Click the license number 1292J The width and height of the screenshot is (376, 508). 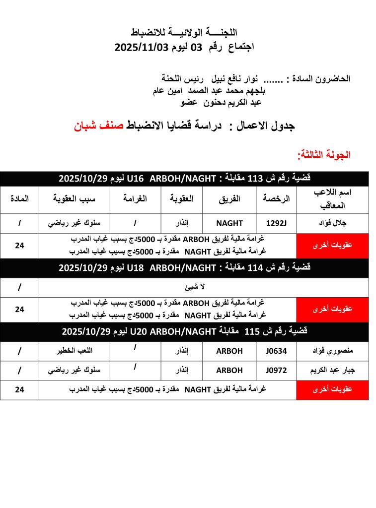point(277,224)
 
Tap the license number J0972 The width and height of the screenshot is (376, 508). point(277,371)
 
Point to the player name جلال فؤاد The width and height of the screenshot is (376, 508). point(332,224)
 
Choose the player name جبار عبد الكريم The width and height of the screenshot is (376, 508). point(332,371)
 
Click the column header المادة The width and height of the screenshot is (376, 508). point(19,199)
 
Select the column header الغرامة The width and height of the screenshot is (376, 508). point(135,199)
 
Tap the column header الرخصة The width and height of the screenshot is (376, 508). point(277,199)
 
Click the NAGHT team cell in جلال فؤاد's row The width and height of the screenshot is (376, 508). point(229,224)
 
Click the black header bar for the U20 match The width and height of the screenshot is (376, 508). point(184,331)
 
